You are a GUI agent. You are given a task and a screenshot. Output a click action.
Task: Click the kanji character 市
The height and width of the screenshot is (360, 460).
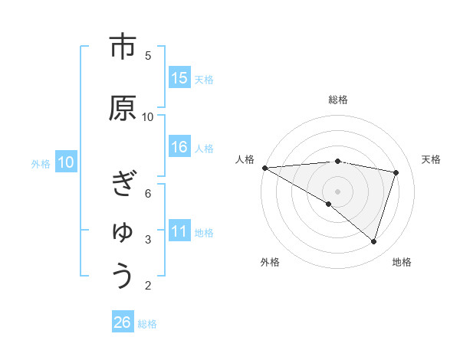point(123,47)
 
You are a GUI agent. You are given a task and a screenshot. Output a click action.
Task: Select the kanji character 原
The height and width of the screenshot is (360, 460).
point(123,108)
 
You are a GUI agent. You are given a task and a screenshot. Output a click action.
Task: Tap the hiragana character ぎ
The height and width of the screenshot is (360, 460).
point(123,185)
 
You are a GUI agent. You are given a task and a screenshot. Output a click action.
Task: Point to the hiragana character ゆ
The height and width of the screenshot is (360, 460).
point(123,230)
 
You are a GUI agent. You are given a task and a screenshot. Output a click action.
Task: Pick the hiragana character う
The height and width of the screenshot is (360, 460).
point(123,275)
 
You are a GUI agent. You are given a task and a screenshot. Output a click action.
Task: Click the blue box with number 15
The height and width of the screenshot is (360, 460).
point(179,78)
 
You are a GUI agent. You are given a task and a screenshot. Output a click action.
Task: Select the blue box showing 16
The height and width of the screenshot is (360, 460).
point(179,147)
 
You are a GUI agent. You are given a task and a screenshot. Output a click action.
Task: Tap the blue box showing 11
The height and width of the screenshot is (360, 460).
point(179,231)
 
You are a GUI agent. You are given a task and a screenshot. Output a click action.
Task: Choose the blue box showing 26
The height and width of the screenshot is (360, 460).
point(123,322)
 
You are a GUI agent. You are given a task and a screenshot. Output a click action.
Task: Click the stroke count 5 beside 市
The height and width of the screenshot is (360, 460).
point(148,55)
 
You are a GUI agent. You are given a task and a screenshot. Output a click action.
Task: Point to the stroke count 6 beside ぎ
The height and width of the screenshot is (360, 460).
point(148,193)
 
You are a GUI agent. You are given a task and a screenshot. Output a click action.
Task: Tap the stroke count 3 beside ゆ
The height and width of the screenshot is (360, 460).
point(148,239)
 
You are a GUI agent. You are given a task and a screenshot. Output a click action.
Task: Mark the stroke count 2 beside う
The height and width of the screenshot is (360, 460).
point(148,286)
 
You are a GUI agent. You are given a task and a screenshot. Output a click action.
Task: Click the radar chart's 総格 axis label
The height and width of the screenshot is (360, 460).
point(337,100)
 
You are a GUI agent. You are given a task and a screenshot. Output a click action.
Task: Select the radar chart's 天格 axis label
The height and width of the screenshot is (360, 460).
point(431,159)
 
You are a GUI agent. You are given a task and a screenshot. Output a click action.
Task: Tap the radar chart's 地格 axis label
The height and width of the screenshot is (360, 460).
point(402,262)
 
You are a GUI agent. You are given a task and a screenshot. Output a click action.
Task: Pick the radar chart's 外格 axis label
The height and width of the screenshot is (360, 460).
point(270,262)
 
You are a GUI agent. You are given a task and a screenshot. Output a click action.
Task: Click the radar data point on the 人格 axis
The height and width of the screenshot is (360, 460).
point(264,168)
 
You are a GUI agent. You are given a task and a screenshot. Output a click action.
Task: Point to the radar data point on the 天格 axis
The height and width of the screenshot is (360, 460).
point(396,172)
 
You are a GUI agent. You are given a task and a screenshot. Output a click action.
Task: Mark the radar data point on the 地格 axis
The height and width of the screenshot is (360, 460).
point(373,242)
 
